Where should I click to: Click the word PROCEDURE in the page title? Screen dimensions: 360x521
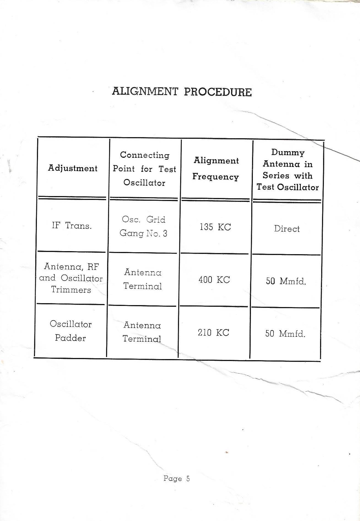[x=218, y=92]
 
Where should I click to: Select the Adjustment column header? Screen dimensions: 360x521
[x=73, y=168]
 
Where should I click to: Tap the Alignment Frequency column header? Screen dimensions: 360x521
[x=216, y=169]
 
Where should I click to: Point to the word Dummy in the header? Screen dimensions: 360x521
[x=288, y=152]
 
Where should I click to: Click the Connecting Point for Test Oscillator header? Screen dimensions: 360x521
[x=144, y=169]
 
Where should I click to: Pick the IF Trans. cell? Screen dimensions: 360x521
[x=72, y=226]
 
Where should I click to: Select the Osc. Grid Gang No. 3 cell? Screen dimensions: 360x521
[x=144, y=226]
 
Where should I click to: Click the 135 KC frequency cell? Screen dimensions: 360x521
[x=215, y=227]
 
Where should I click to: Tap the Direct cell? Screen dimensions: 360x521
[x=287, y=229]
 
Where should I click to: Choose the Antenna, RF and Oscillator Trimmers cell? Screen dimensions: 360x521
[x=71, y=278]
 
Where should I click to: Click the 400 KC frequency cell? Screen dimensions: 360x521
[x=214, y=280]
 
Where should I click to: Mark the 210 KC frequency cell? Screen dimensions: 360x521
[x=213, y=333]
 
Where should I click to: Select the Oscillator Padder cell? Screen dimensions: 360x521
[x=71, y=331]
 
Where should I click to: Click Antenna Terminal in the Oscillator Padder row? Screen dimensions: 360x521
[x=142, y=332]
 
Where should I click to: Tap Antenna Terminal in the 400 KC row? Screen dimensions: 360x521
[x=143, y=279]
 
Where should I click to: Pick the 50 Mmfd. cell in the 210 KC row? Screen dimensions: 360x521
[x=285, y=334]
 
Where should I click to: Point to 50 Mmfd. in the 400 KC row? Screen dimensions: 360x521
[x=286, y=281]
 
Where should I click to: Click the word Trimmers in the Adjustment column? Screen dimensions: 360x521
[x=71, y=290]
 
